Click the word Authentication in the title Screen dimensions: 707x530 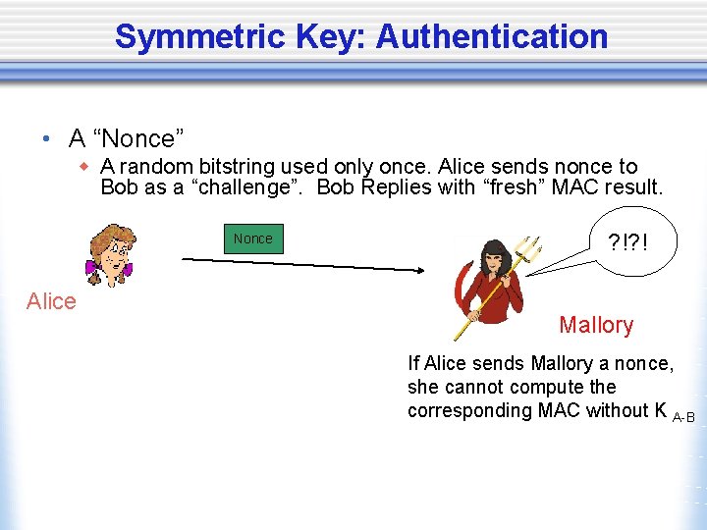492,37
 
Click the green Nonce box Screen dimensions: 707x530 253,238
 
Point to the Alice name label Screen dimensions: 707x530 51,301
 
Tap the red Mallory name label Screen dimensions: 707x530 596,325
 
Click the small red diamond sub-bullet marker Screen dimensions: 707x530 85,167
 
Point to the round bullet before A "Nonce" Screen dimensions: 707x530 47,137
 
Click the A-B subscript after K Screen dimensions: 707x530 683,418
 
